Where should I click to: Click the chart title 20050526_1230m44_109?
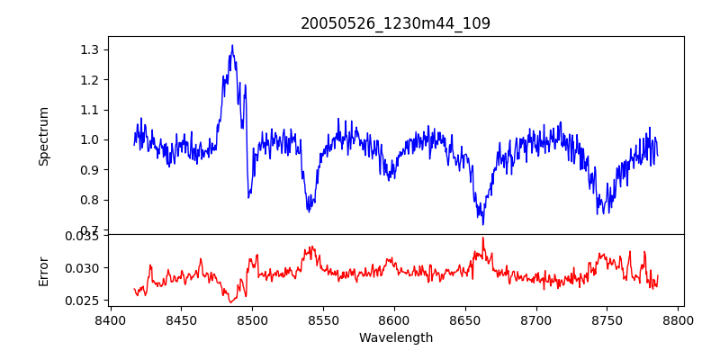pos(395,23)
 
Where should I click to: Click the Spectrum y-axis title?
pos(43,136)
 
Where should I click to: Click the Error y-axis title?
pos(43,267)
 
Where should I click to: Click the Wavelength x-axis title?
pos(395,337)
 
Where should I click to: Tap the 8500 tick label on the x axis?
pos(252,319)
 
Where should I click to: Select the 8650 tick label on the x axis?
pos(465,319)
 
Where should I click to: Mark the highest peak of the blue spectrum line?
pos(232,45)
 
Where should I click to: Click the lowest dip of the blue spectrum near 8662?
pos(483,224)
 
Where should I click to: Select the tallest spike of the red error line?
pos(483,238)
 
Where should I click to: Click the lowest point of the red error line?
pos(231,302)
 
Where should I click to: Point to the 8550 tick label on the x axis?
pos(323,319)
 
